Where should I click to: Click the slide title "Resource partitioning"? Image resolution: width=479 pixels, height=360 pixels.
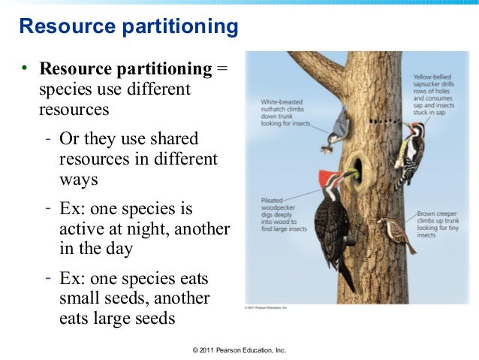(128, 28)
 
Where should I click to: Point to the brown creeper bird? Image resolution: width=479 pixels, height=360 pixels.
(396, 234)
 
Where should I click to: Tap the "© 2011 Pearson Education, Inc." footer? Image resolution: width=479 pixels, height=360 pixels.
(239, 350)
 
